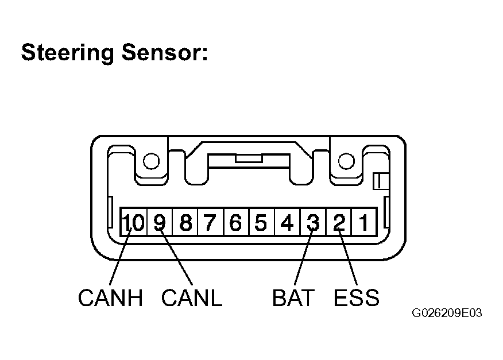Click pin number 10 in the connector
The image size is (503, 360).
coord(133,222)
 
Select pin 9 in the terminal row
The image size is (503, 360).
coord(160,222)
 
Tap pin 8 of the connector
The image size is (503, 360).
coord(185,222)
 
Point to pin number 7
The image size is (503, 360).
coord(211,222)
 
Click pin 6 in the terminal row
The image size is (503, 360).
coord(237,222)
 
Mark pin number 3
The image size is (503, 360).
coord(313,222)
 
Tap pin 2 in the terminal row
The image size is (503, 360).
coord(339,222)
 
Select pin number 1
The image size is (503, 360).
coord(364,222)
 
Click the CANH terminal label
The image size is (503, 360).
coord(110,297)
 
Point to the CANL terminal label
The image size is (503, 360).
coord(192,297)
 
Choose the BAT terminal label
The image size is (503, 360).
coord(293,297)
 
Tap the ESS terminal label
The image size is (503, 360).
coord(357,297)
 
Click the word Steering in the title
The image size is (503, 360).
coord(67,53)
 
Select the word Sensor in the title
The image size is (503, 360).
coord(164,52)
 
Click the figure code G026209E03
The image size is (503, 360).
coord(447,313)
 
